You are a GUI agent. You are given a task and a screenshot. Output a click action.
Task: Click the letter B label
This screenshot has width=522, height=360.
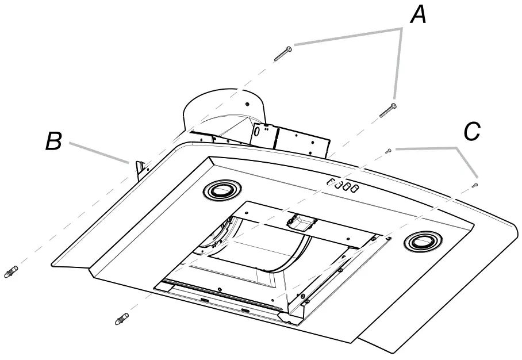click(53, 141)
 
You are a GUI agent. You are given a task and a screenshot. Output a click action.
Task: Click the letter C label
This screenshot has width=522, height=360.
click(471, 132)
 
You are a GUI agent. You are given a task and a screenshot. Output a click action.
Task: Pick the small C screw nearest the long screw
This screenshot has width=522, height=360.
click(389, 151)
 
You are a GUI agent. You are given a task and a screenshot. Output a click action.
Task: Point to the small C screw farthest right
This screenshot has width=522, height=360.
click(474, 185)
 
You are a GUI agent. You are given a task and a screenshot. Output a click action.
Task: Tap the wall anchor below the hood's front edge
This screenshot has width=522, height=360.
click(122, 317)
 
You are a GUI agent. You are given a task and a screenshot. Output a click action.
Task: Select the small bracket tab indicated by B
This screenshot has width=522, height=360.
click(138, 167)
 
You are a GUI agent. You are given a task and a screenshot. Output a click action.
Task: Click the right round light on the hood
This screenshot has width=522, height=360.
click(424, 242)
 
